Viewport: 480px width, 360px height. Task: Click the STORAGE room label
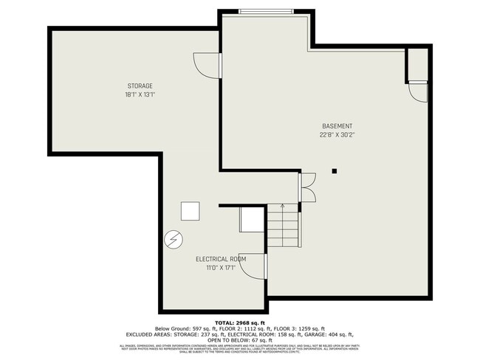point(139,86)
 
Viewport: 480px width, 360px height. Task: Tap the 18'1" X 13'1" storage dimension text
point(139,94)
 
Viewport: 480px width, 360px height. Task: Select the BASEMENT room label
point(336,126)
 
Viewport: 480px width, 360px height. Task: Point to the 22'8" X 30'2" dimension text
point(336,135)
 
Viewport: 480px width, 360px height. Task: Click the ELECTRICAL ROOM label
point(220,259)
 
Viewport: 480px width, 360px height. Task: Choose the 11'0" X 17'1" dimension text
point(220,268)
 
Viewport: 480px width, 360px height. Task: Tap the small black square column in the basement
point(335,171)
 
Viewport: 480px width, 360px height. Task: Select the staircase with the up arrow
point(281,226)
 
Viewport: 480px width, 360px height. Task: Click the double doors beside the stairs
point(306,187)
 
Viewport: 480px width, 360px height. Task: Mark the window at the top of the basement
point(265,10)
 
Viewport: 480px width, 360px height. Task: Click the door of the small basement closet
point(419,91)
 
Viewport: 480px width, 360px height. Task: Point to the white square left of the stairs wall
point(191,211)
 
